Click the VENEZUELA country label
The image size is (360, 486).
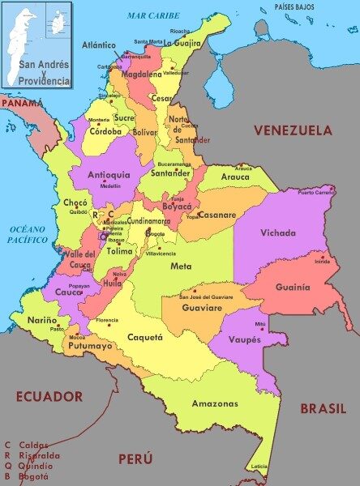(x=293, y=130)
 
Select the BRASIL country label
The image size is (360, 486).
(x=323, y=408)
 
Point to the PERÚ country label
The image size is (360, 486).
(x=135, y=458)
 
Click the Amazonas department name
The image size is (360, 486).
(x=215, y=403)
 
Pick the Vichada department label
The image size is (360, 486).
(x=278, y=233)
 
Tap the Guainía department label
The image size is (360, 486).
(x=292, y=287)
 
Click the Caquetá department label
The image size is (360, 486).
(x=145, y=337)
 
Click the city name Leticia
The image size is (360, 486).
(x=259, y=467)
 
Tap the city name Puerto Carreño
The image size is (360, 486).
(x=316, y=193)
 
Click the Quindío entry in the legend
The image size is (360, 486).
(x=32, y=466)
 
